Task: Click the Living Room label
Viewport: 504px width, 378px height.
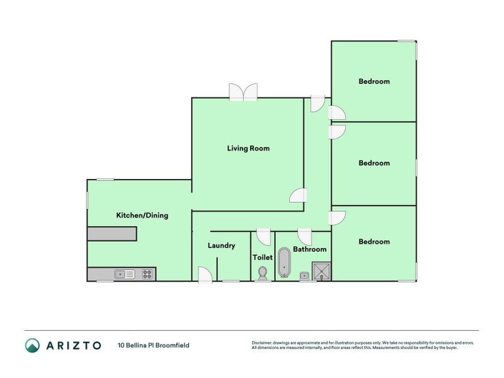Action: [x=248, y=149]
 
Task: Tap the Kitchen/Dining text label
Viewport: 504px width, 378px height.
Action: [x=142, y=215]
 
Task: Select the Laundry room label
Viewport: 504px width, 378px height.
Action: [x=221, y=246]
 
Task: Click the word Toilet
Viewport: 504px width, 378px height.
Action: [x=263, y=258]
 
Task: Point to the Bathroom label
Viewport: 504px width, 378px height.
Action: [x=309, y=249]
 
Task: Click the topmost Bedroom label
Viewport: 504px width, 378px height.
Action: [x=374, y=81]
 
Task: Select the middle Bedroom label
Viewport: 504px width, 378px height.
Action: [x=374, y=163]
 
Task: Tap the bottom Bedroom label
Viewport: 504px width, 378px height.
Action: [x=374, y=242]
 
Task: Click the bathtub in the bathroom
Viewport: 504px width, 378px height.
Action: [x=285, y=263]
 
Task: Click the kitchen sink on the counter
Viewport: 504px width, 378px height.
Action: [x=124, y=274]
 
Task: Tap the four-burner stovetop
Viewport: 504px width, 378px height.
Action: [x=147, y=274]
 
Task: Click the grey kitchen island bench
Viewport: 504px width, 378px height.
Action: [x=112, y=234]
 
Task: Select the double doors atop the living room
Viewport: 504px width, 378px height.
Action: [x=243, y=92]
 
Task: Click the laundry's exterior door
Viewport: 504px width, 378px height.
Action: [x=204, y=275]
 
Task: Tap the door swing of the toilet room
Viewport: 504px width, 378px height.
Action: [x=265, y=237]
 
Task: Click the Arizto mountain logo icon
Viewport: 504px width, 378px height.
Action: [x=32, y=345]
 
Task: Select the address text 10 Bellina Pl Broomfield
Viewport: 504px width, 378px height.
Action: [x=153, y=345]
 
